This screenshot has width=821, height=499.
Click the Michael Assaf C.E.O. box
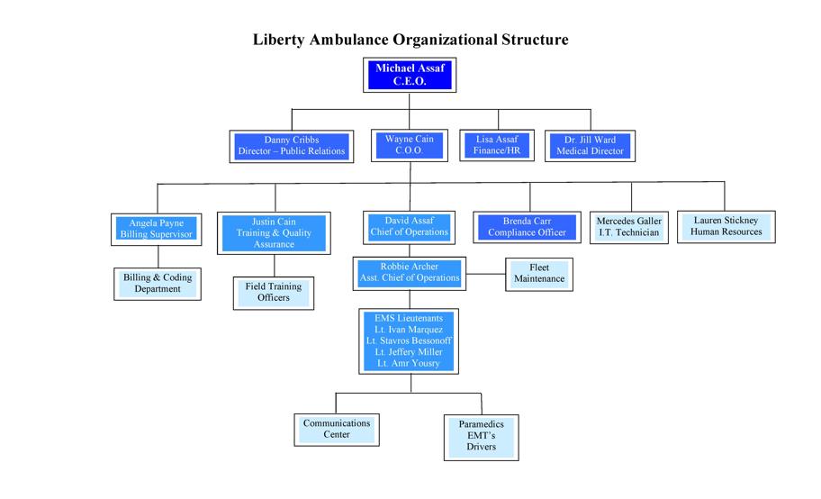pyautogui.click(x=410, y=75)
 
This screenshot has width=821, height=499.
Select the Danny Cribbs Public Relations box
pyautogui.click(x=292, y=146)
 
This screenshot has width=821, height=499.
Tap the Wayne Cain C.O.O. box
pyautogui.click(x=410, y=146)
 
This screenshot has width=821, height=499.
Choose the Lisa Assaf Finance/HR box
pyautogui.click(x=497, y=146)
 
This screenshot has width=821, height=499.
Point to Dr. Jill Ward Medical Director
pyautogui.click(x=590, y=146)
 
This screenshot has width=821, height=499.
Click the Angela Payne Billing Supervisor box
pyautogui.click(x=157, y=229)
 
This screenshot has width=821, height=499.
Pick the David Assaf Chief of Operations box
pyautogui.click(x=410, y=226)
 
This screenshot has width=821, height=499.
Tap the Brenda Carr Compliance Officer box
pyautogui.click(x=527, y=227)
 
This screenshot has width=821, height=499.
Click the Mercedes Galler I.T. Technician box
pyautogui.click(x=629, y=227)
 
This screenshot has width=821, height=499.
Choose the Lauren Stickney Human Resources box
pyautogui.click(x=726, y=226)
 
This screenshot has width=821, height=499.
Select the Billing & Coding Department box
pyautogui.click(x=158, y=283)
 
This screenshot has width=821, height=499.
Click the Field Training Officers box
pyautogui.click(x=274, y=292)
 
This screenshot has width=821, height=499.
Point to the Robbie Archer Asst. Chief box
pyautogui.click(x=410, y=272)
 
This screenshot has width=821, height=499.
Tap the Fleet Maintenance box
pyautogui.click(x=539, y=273)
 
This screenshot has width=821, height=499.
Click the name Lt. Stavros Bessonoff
pyautogui.click(x=409, y=341)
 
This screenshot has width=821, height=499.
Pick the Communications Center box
pyautogui.click(x=336, y=429)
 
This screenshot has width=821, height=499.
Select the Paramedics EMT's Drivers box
pyautogui.click(x=481, y=435)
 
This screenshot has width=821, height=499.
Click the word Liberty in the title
pyautogui.click(x=282, y=40)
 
